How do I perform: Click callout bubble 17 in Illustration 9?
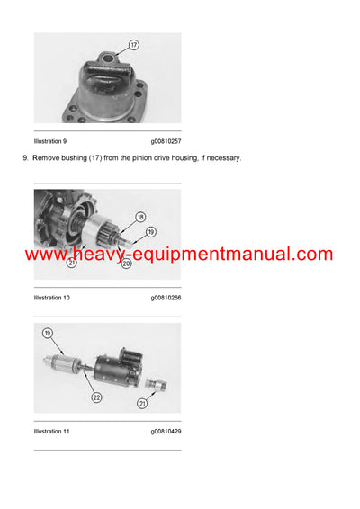[134, 44]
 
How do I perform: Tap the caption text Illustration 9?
[50, 141]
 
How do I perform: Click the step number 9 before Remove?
[23, 158]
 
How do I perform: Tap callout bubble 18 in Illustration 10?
[140, 218]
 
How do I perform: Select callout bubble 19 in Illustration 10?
[150, 232]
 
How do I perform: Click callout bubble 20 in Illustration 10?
[126, 263]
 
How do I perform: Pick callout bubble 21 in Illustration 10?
[70, 263]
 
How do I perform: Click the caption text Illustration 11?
[52, 432]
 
